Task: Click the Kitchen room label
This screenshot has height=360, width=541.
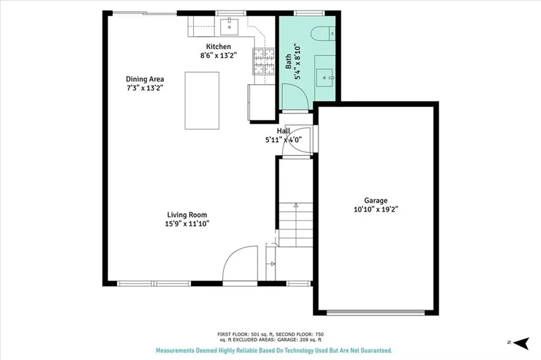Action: pyautogui.click(x=218, y=47)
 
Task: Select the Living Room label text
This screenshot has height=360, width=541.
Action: pyautogui.click(x=187, y=215)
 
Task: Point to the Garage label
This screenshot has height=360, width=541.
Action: pyautogui.click(x=376, y=200)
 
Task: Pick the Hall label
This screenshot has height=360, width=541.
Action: pyautogui.click(x=283, y=131)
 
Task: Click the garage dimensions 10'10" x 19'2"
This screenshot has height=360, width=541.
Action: pyautogui.click(x=376, y=209)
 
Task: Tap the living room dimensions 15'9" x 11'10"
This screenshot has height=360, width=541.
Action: pyautogui.click(x=187, y=223)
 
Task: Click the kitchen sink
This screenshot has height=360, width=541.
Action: pyautogui.click(x=230, y=25)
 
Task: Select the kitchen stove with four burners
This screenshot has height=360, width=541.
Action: pyautogui.click(x=264, y=61)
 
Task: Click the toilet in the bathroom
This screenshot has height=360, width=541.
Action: pyautogui.click(x=322, y=33)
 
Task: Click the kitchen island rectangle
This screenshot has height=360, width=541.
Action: pyautogui.click(x=202, y=100)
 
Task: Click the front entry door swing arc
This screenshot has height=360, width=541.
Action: pyautogui.click(x=239, y=264)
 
